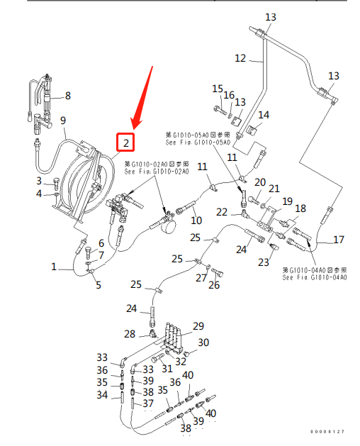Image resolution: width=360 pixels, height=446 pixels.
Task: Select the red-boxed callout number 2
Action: click(x=125, y=143)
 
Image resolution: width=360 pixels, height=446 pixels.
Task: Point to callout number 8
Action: click(x=68, y=96)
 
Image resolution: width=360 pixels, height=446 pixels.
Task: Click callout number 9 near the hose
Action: click(x=62, y=120)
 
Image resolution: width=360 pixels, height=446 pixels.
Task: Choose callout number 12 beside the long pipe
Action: click(x=240, y=58)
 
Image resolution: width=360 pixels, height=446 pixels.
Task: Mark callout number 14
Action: click(x=264, y=115)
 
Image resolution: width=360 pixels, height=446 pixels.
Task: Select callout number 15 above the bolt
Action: click(x=218, y=88)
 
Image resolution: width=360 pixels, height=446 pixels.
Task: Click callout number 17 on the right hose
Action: click(x=339, y=240)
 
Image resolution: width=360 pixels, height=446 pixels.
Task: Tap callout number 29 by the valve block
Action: click(x=198, y=326)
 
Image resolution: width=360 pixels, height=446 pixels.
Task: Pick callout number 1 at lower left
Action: click(x=53, y=267)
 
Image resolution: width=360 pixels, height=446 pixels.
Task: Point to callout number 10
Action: click(x=196, y=221)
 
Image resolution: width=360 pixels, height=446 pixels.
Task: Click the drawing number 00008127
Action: click(x=330, y=432)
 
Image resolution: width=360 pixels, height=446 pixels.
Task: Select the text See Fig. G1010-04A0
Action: click(x=315, y=277)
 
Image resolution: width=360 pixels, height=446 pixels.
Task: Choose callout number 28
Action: click(x=130, y=334)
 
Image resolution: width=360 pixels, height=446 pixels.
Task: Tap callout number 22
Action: click(x=222, y=212)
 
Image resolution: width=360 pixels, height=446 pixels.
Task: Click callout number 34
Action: click(x=103, y=395)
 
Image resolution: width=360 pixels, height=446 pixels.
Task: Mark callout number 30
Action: click(x=204, y=342)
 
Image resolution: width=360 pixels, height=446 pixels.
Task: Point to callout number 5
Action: click(x=99, y=285)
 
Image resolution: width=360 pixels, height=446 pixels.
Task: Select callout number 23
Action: click(x=264, y=262)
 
